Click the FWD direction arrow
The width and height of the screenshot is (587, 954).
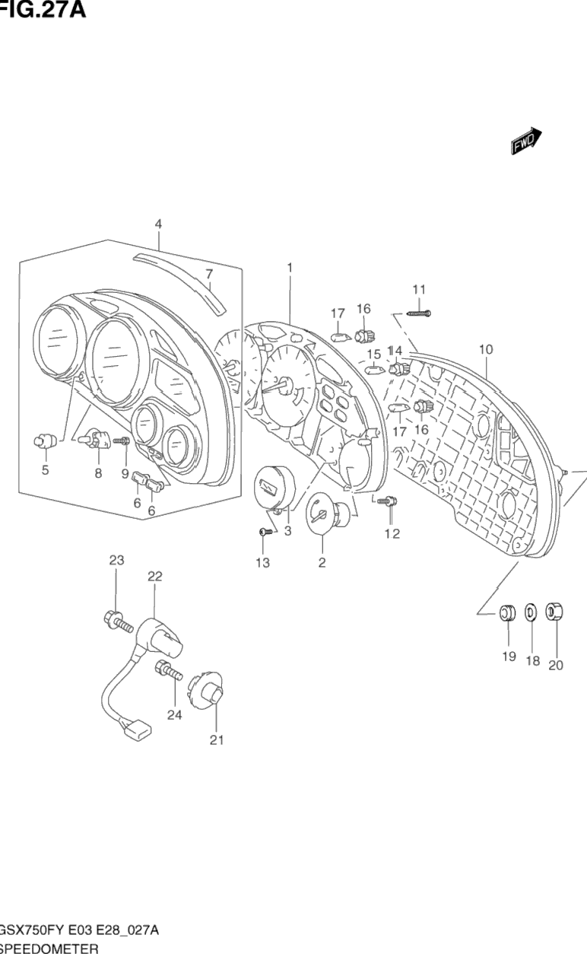pos(525,142)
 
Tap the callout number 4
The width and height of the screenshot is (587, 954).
pos(158,224)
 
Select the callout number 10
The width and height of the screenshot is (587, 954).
pos(486,349)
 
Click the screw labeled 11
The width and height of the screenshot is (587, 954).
pos(417,312)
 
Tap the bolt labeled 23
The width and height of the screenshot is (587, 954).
pos(114,620)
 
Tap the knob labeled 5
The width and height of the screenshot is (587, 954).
pos(45,440)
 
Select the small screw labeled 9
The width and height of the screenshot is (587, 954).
pos(122,440)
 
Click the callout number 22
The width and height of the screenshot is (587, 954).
pos(154,577)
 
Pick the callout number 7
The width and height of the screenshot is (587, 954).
pos(209,274)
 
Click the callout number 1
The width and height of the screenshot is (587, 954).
pos(290,267)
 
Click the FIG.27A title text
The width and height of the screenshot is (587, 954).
pos(42,10)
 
